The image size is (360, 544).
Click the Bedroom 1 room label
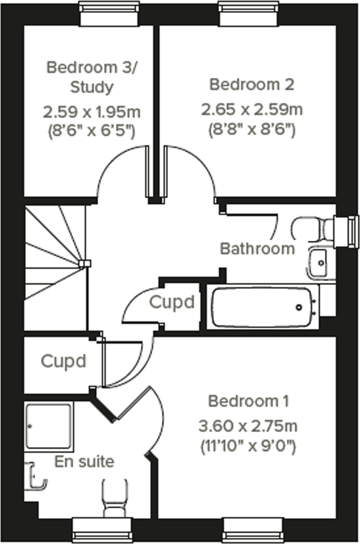click(248, 401)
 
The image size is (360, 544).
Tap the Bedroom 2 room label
click(252, 85)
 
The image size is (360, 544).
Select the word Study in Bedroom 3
click(92, 87)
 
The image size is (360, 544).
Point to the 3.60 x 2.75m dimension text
click(248, 426)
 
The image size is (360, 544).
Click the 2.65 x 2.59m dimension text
click(252, 110)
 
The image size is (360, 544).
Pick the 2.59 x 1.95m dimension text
click(92, 112)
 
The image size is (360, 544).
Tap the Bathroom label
click(257, 249)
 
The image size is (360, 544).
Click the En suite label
click(84, 462)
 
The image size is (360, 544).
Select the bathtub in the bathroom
click(262, 307)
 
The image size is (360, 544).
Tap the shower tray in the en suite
click(49, 426)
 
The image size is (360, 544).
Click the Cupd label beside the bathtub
click(172, 302)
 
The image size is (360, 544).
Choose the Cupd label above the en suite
click(63, 361)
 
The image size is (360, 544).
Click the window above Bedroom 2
click(248, 14)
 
